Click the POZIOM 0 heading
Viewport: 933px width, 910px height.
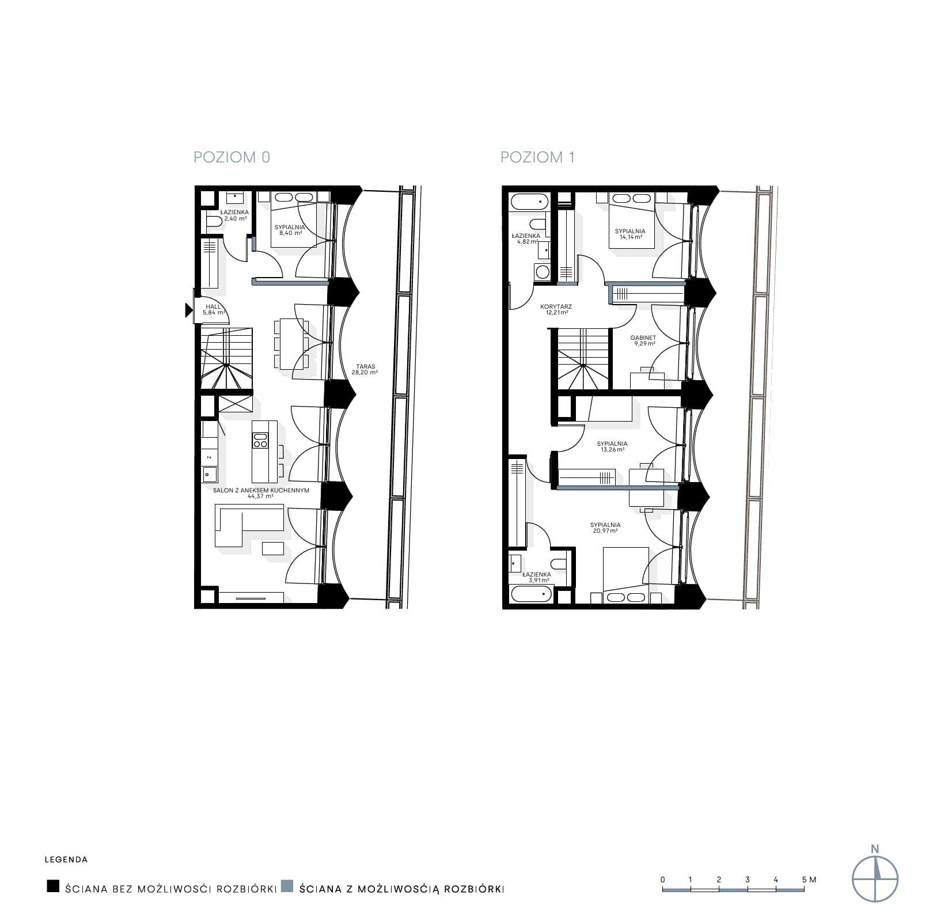(x=232, y=157)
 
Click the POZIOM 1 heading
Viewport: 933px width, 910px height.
(x=537, y=157)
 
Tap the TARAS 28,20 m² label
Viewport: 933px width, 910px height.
(x=365, y=369)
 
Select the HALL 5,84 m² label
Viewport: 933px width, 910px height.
(x=213, y=310)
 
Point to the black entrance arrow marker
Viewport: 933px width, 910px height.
(x=188, y=310)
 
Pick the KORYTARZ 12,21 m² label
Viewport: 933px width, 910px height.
(x=556, y=310)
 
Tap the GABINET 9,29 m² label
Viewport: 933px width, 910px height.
(x=643, y=340)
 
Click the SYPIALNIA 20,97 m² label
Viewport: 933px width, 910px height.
(x=605, y=528)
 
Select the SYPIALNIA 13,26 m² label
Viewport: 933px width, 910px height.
(x=612, y=446)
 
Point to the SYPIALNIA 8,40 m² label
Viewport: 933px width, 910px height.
(x=290, y=230)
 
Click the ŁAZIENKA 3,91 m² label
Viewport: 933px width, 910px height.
(x=536, y=577)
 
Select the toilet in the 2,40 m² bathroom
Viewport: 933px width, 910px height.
(x=213, y=221)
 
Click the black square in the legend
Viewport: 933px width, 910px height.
(x=53, y=886)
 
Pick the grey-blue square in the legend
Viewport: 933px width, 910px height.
(x=287, y=886)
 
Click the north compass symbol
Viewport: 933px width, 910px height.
(x=875, y=879)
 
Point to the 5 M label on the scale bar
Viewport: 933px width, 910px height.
(x=809, y=879)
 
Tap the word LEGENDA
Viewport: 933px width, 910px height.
(x=66, y=860)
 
